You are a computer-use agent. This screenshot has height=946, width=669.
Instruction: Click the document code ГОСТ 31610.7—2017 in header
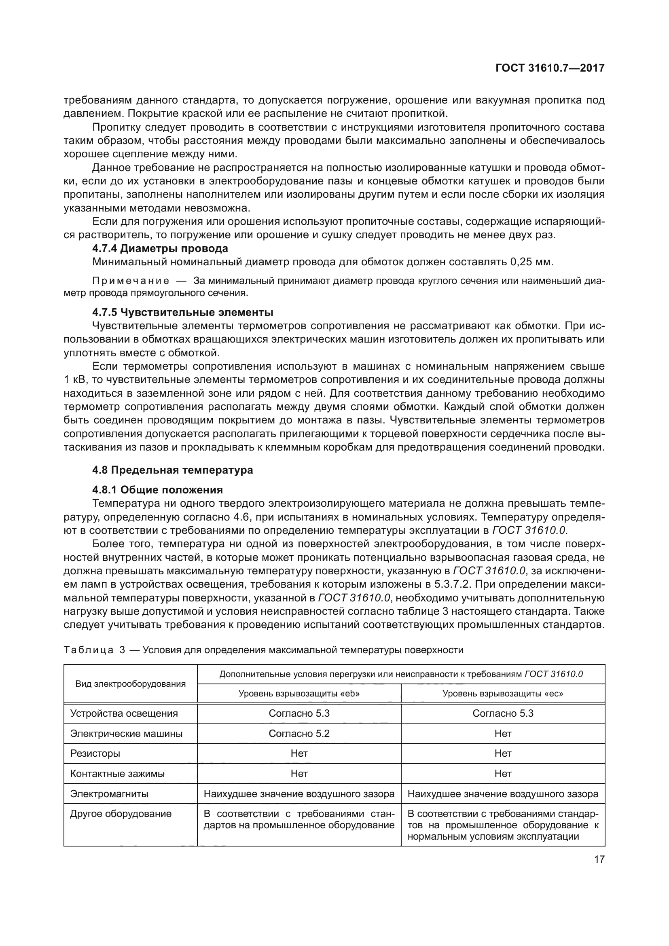point(550,68)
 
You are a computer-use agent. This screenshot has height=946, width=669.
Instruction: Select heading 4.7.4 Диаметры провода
point(160,248)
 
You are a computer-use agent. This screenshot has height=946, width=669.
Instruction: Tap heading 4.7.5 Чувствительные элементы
point(182,312)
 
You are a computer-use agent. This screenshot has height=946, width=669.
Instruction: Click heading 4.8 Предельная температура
point(172,470)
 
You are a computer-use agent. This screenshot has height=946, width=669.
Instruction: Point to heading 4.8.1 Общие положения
point(157,490)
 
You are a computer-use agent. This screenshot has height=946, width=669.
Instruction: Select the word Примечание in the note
point(131,281)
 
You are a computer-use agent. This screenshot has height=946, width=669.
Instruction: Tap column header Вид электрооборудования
point(130,684)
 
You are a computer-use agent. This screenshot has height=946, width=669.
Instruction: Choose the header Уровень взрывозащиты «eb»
point(299,694)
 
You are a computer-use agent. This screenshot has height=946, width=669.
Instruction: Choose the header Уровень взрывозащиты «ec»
point(503,694)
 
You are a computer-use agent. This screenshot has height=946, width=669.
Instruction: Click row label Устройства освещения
point(124,713)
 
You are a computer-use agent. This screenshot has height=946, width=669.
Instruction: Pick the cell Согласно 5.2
point(299,733)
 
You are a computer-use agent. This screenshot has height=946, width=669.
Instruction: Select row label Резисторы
point(95,753)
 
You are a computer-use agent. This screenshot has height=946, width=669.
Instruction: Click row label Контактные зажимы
point(117,774)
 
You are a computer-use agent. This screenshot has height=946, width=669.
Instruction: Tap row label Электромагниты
point(109,794)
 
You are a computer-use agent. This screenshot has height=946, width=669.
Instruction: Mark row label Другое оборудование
point(121,814)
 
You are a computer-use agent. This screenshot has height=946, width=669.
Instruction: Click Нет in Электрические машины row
point(503,733)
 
